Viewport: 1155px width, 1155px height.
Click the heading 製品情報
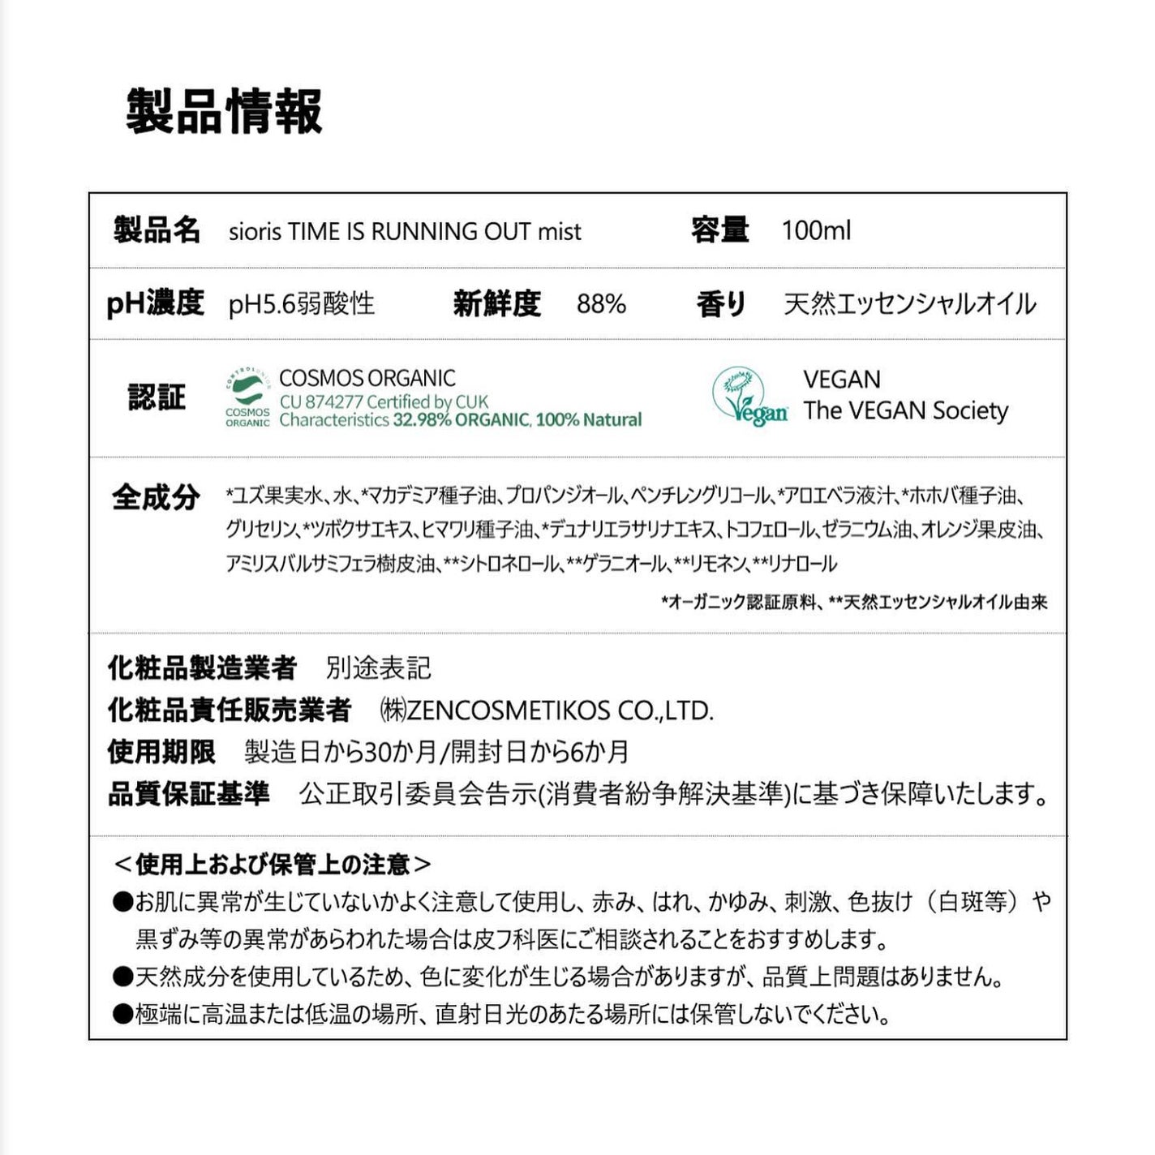(224, 111)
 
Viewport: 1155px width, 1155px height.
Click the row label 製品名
(157, 230)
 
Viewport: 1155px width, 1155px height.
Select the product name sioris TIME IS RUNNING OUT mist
(405, 231)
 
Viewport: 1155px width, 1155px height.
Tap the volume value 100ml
(816, 230)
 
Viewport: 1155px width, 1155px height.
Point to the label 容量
(719, 230)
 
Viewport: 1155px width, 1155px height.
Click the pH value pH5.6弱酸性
(301, 304)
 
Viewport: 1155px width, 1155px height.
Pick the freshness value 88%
(601, 304)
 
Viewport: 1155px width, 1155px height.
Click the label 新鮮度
(496, 304)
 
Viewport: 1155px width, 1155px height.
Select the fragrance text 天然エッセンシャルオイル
(909, 304)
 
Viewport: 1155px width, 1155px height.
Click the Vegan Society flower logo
(748, 397)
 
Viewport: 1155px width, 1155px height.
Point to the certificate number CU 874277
(321, 401)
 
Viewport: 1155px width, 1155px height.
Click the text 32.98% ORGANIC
(462, 420)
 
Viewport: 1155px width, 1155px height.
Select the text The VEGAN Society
(905, 410)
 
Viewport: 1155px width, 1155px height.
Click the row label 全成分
(156, 496)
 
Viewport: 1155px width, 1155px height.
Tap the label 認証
(157, 397)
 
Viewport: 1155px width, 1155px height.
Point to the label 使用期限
(161, 752)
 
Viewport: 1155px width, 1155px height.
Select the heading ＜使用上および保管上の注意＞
(273, 865)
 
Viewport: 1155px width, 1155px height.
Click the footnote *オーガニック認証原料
(739, 602)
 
